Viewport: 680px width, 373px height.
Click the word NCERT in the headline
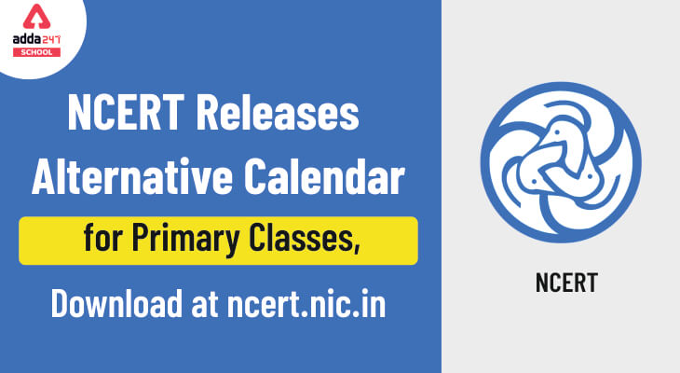(x=126, y=113)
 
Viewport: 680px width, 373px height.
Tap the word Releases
(x=278, y=113)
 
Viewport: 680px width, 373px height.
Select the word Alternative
(x=132, y=177)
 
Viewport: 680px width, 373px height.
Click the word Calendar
(x=324, y=177)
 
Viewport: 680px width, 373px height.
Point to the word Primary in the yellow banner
(x=185, y=240)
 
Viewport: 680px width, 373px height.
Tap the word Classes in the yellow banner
(x=302, y=238)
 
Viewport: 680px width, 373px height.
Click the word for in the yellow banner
(x=102, y=238)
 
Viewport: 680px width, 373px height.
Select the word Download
(x=116, y=303)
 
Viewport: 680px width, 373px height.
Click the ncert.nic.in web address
(x=306, y=303)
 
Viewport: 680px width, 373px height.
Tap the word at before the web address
(x=205, y=304)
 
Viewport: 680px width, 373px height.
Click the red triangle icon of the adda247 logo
(x=36, y=18)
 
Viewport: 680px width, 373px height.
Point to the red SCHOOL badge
(x=36, y=52)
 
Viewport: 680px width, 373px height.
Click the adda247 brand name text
(x=36, y=39)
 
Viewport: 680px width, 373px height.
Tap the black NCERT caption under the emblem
(x=566, y=283)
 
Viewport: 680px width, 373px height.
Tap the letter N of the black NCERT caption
(x=542, y=283)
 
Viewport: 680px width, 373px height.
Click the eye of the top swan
(x=558, y=131)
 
